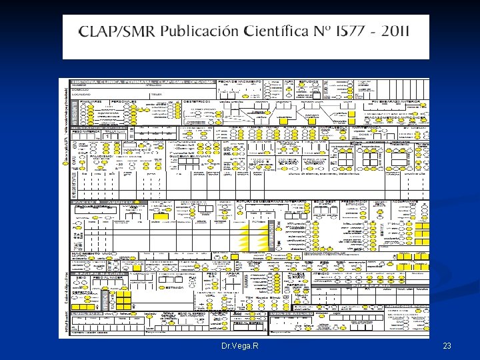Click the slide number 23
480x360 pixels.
tap(447, 347)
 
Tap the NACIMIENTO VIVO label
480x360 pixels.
tap(93, 254)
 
